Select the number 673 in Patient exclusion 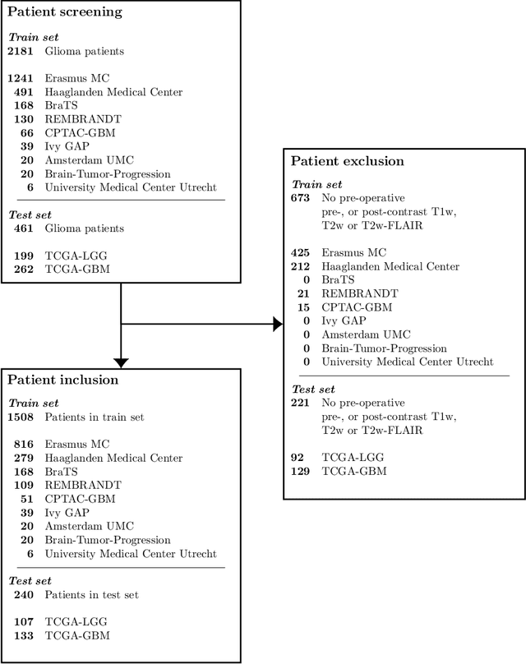coord(302,199)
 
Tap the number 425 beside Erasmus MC coord(302,253)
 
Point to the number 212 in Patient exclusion coord(302,266)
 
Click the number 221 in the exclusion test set coord(302,403)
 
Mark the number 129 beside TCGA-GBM coord(302,471)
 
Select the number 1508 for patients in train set coord(21,417)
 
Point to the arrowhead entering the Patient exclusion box coord(278,325)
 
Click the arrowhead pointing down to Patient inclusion coord(121,362)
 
